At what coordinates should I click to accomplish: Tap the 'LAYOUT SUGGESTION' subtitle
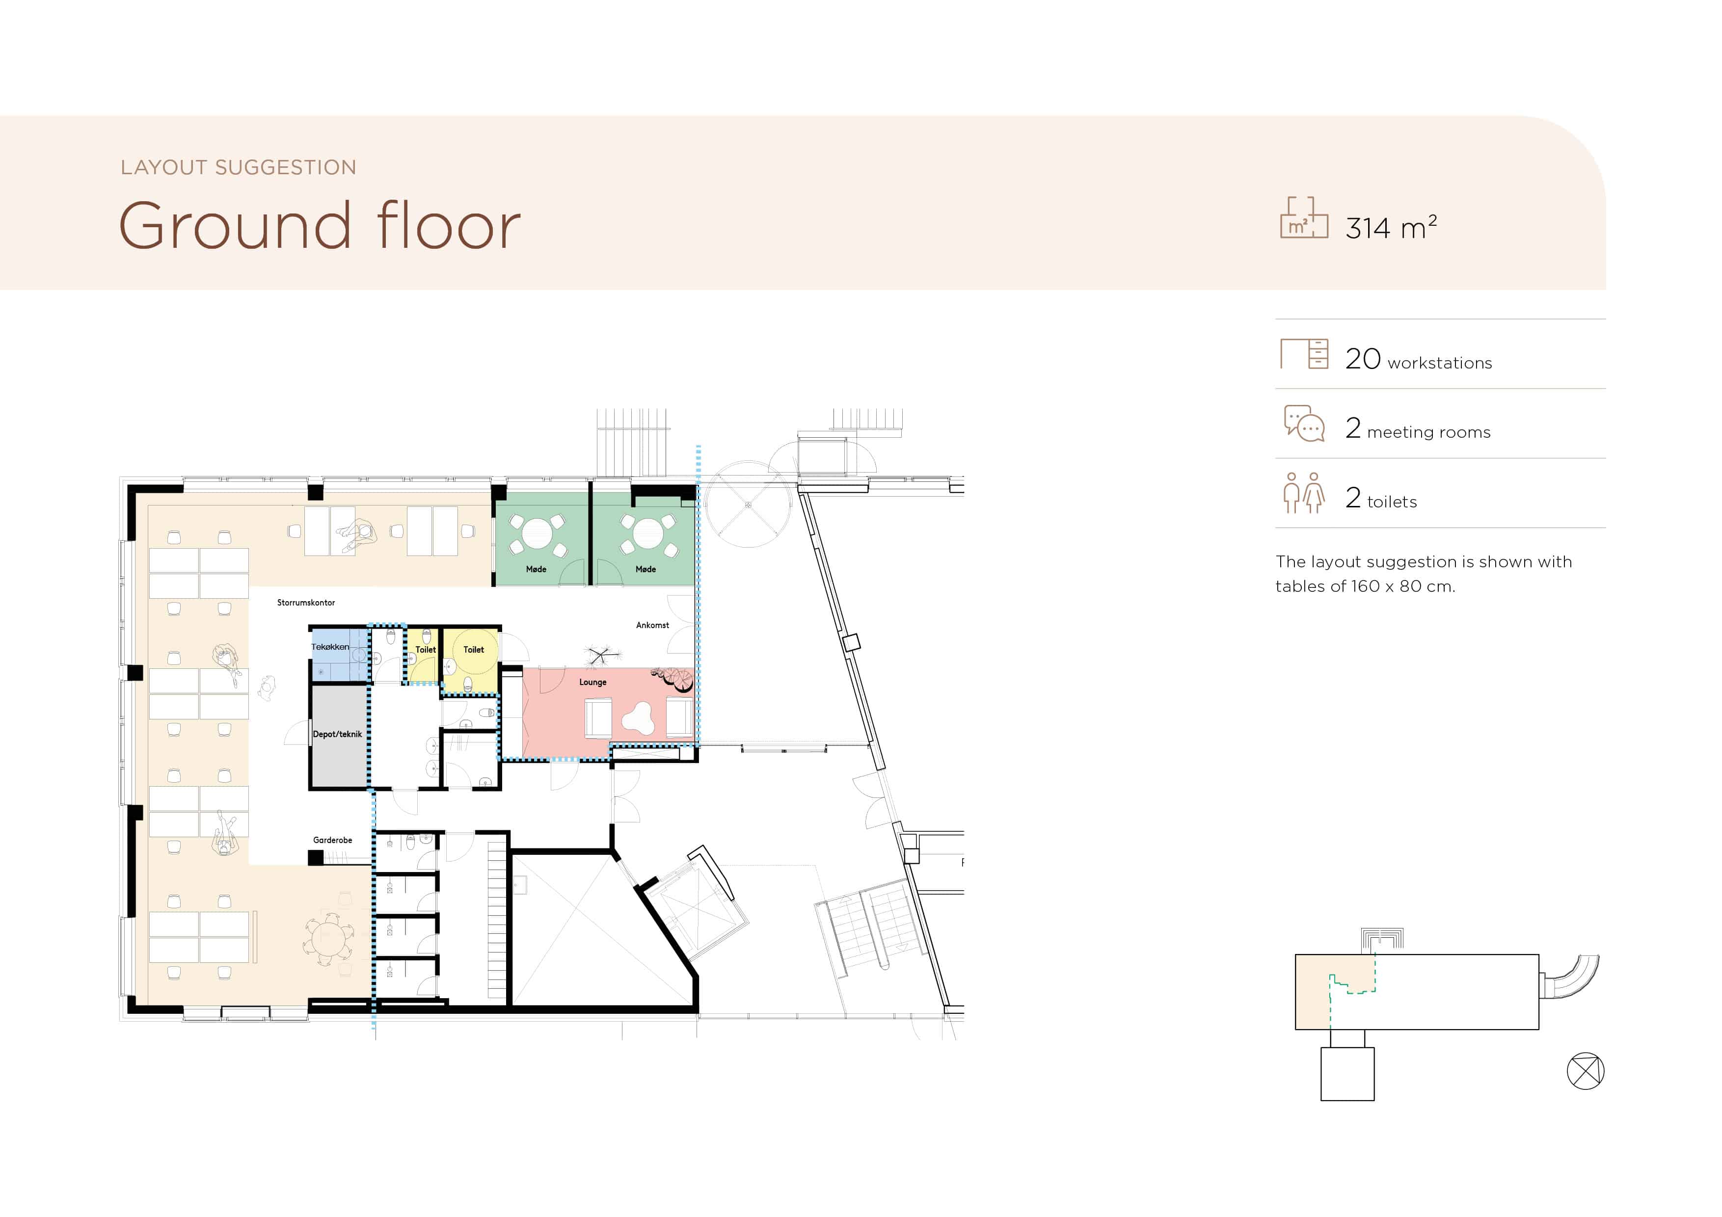point(239,167)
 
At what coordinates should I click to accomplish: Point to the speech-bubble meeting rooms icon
point(1304,423)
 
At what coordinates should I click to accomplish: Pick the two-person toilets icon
point(1303,493)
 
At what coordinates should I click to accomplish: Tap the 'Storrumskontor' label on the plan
point(306,603)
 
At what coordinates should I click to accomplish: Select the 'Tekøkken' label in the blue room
point(330,646)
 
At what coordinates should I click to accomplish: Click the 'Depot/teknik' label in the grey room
point(338,734)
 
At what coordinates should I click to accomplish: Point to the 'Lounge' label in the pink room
point(592,683)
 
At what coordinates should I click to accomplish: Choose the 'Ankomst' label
point(652,625)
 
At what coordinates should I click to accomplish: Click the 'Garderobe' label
point(332,841)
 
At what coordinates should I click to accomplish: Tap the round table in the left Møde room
point(537,534)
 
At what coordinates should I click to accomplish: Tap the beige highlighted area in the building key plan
point(1313,991)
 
